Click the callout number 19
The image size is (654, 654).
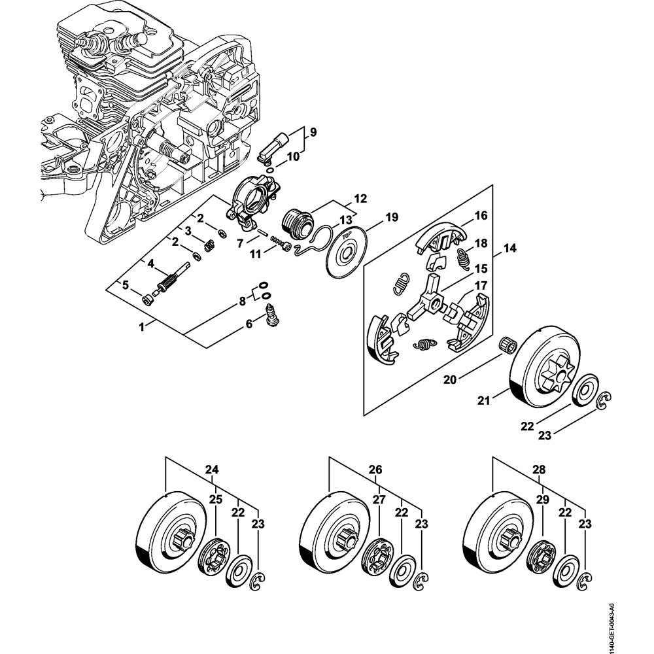click(391, 216)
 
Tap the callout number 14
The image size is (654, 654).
click(509, 249)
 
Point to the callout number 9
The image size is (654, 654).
click(313, 132)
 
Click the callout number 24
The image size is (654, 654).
click(212, 469)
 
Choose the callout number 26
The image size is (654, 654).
click(375, 469)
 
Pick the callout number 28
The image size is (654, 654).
click(539, 469)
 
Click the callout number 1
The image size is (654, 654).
click(142, 326)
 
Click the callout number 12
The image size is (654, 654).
click(360, 198)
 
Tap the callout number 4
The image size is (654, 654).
click(150, 264)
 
